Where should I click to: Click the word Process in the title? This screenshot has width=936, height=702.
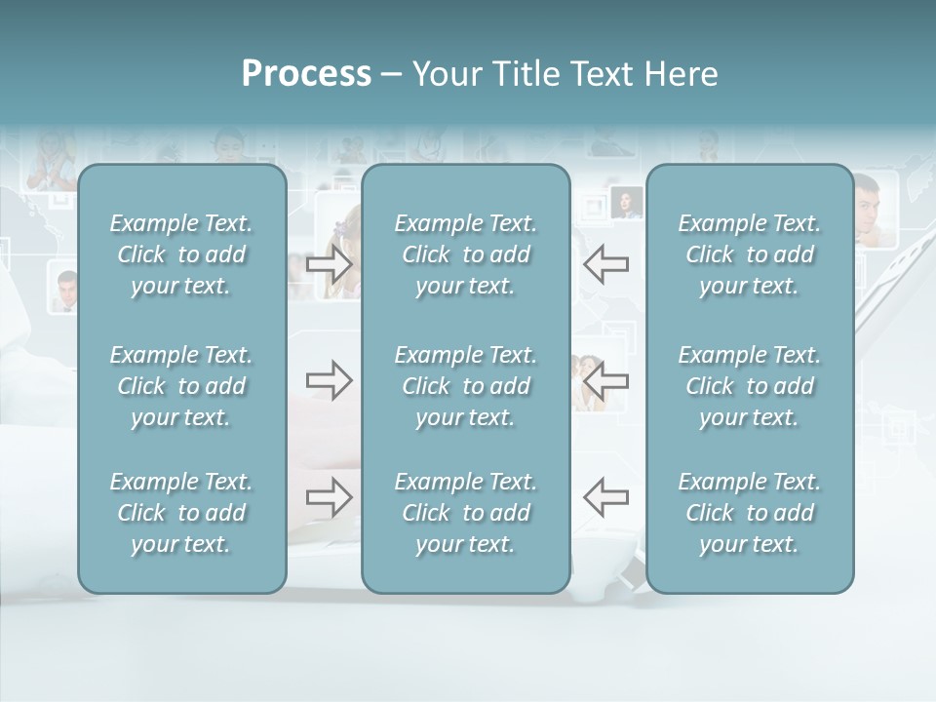tap(306, 74)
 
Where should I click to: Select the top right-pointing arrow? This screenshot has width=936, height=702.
tap(330, 264)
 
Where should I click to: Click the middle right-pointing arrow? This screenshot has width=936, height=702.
tap(330, 380)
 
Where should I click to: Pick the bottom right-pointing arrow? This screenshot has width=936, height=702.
tap(330, 497)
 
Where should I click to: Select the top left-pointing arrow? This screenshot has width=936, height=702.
tap(605, 264)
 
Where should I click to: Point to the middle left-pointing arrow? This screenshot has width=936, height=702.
tap(605, 380)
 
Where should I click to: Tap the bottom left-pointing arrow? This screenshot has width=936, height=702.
tap(605, 497)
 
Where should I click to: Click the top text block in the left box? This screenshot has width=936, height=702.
tap(181, 254)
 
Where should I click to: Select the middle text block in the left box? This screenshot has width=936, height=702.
tap(181, 386)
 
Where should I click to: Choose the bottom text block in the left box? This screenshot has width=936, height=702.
tap(181, 513)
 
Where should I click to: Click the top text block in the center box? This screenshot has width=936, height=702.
tap(465, 254)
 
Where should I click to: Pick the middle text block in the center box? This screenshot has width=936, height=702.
tap(465, 386)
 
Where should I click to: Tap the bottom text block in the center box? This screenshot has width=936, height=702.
tap(465, 513)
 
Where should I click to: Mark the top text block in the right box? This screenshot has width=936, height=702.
tap(749, 254)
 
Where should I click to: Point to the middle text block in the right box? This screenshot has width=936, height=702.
tap(749, 386)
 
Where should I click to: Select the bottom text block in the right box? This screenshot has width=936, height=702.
tap(749, 513)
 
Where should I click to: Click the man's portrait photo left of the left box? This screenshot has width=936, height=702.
tap(66, 291)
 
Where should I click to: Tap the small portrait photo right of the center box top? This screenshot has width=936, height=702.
tap(626, 203)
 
